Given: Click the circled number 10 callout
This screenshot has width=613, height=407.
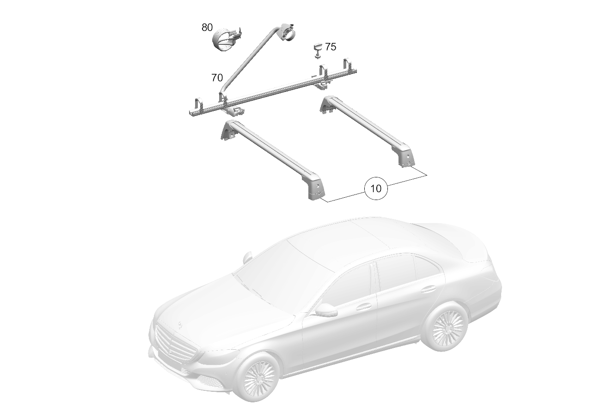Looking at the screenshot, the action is tap(376, 188).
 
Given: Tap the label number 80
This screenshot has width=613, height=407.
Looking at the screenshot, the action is tap(207, 27).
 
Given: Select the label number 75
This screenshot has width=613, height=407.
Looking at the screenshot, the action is tap(331, 47).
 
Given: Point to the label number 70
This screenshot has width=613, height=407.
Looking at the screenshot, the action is tap(217, 78).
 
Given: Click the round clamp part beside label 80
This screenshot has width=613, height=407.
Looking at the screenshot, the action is tap(227, 41).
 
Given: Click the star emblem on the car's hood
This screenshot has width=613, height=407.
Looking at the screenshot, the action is tap(180, 324).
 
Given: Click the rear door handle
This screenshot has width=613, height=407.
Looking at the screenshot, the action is tap(428, 289).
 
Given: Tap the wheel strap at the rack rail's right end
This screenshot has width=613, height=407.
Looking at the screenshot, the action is tap(348, 66).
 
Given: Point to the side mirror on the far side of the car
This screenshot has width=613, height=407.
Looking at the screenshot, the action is tap(247, 257).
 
